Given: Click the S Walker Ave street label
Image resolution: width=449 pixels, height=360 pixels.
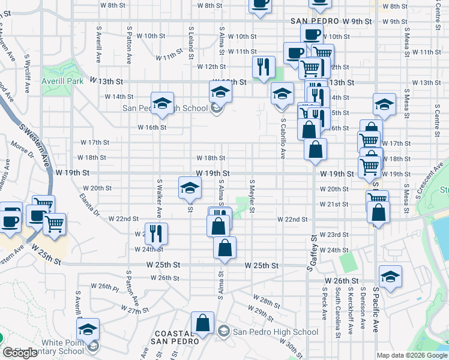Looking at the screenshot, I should pos(159,197).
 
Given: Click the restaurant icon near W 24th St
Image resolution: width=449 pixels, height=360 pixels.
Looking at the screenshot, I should pos(155,233).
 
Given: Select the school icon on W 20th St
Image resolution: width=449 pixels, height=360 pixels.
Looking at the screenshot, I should pos(189,188).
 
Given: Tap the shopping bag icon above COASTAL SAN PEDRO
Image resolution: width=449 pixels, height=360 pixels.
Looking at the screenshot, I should pos(203,322).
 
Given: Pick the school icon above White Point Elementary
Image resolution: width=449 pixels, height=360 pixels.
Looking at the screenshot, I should pos(88,328).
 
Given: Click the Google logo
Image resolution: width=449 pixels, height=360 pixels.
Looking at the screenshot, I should pos(20,353).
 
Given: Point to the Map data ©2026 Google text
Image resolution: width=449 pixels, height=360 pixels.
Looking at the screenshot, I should pos(412,355).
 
